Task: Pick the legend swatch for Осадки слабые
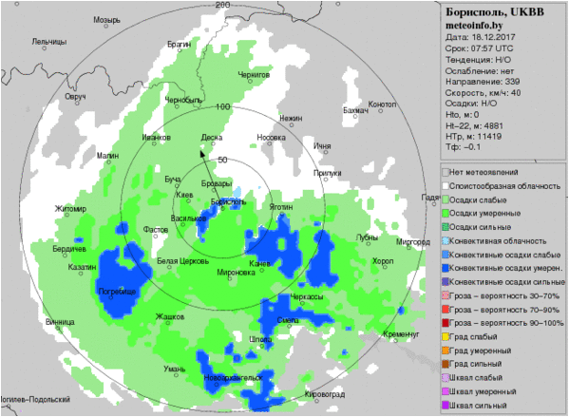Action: coord(444,200)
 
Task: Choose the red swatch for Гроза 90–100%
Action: coord(444,323)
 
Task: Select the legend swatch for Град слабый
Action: coord(444,337)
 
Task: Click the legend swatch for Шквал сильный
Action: coord(444,406)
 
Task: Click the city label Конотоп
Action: coord(382,104)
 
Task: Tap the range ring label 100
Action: coord(224,106)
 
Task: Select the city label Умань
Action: coord(175,369)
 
